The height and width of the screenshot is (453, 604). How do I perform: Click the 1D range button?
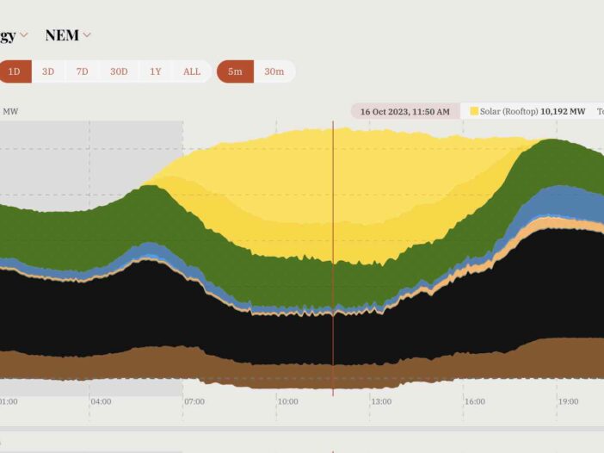[x=15, y=71]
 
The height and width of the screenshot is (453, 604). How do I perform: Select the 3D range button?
[x=48, y=71]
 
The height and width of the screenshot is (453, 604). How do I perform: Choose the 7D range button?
[x=82, y=71]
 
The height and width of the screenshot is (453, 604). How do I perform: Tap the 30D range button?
[x=119, y=71]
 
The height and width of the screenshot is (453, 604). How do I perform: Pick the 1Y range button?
[x=156, y=71]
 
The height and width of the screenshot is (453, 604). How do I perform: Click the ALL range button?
[x=192, y=71]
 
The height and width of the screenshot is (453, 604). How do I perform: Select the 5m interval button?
[x=235, y=71]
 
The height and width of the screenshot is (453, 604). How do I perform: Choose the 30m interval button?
[x=274, y=71]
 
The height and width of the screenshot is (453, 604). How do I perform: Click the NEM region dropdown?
[x=68, y=35]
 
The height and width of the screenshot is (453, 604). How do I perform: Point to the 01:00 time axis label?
[x=8, y=401]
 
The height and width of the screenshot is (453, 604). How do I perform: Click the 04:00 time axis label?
[x=101, y=401]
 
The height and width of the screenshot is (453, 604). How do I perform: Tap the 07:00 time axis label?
[x=194, y=401]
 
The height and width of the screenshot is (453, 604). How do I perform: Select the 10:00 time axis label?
[x=287, y=401]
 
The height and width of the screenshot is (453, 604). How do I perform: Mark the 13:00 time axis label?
[x=381, y=401]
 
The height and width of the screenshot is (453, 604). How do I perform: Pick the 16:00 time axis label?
[x=474, y=401]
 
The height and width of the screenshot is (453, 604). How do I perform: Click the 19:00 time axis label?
[x=568, y=401]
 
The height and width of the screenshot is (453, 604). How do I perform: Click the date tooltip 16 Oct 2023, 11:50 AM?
[x=404, y=112]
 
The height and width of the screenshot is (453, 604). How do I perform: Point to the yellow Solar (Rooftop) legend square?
[x=474, y=111]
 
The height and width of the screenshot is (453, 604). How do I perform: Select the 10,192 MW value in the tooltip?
[x=563, y=112]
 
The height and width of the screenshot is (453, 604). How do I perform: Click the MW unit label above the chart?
[x=11, y=111]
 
